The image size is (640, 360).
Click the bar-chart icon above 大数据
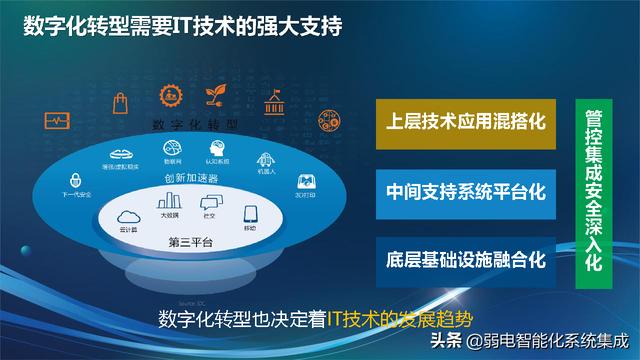click(x=171, y=203)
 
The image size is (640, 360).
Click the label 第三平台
click(x=191, y=241)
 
